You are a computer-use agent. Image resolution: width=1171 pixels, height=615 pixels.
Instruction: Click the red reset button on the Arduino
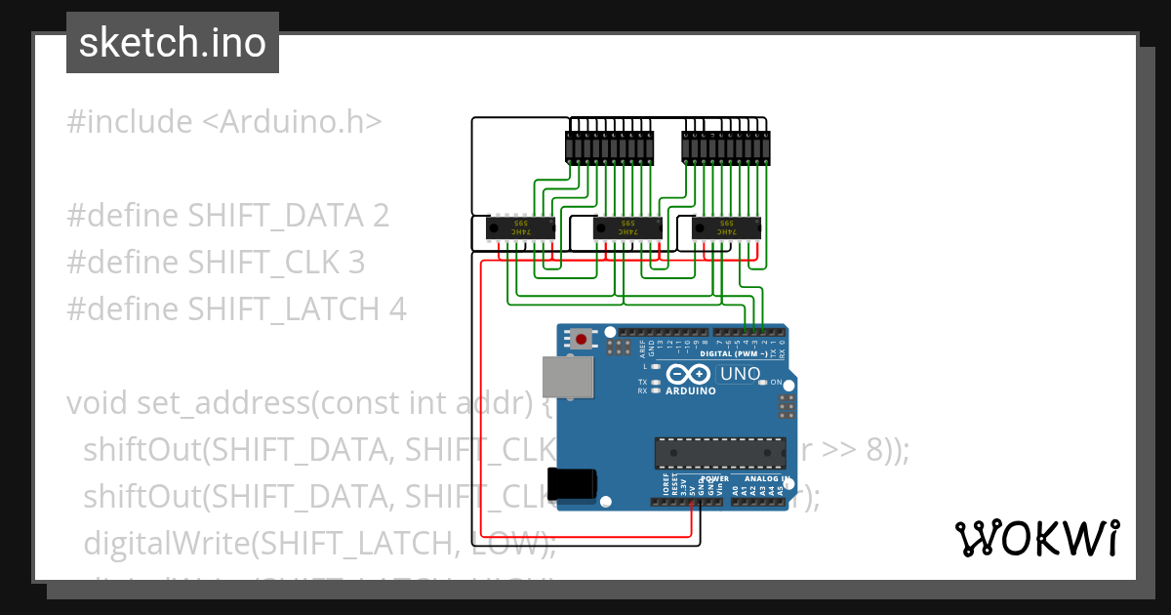point(583,340)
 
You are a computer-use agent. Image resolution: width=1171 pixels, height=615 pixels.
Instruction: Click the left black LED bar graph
point(609,147)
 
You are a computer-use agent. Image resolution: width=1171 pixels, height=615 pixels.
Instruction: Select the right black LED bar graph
point(725,147)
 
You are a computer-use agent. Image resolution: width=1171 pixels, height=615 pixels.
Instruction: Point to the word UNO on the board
point(740,374)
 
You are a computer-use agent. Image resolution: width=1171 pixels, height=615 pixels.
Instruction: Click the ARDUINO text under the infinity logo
point(691,390)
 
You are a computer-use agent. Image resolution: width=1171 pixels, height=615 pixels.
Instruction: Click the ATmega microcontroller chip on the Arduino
point(720,454)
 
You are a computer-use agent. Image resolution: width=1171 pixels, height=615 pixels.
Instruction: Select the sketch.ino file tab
point(173,43)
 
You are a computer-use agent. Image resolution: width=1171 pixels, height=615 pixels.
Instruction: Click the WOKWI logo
point(1036,539)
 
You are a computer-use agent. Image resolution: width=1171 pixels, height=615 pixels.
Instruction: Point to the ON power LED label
point(777,383)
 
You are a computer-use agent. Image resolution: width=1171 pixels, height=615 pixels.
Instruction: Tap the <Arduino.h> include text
point(292,122)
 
